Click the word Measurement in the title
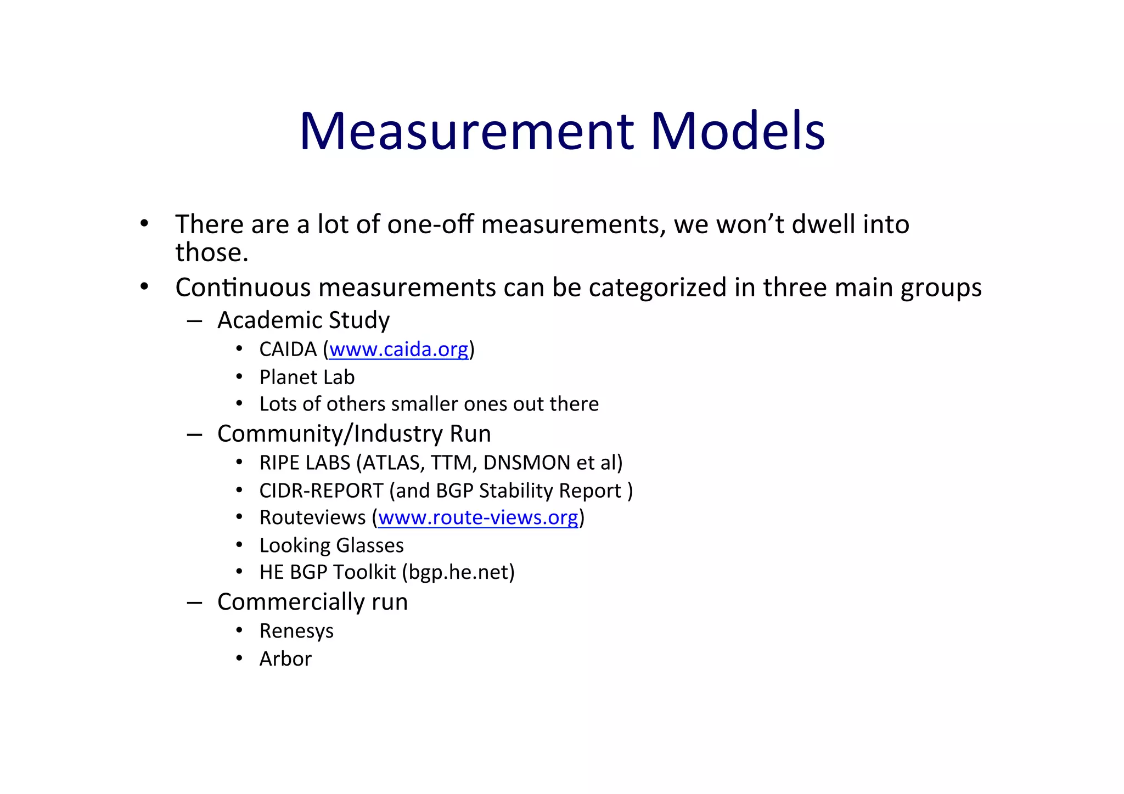(x=467, y=131)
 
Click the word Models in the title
(x=738, y=131)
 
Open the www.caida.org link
(x=398, y=350)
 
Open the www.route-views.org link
(x=477, y=518)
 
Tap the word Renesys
(x=296, y=631)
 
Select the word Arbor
(x=285, y=659)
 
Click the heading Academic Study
(x=304, y=320)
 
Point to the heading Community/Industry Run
(x=354, y=434)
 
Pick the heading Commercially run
(x=312, y=602)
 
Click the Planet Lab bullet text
(x=307, y=378)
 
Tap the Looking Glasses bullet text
(x=331, y=545)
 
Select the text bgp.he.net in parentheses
(x=458, y=572)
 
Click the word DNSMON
(x=526, y=463)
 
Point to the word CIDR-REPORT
(x=321, y=491)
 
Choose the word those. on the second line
(x=212, y=252)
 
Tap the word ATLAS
(x=394, y=463)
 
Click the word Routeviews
(x=312, y=518)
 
